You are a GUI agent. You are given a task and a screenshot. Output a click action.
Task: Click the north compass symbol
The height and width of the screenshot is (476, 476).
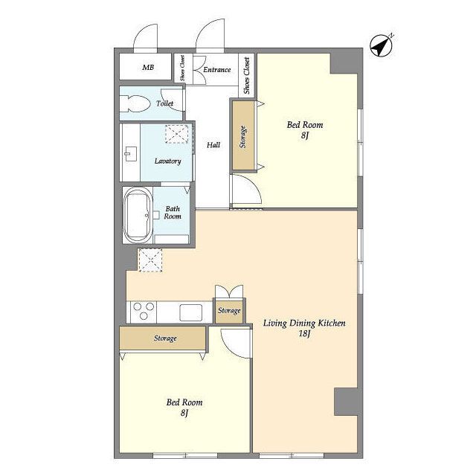(x=381, y=45)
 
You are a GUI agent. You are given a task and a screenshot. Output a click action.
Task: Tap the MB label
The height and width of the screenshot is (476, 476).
(x=148, y=67)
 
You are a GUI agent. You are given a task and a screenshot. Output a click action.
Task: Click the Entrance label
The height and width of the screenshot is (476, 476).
(x=216, y=69)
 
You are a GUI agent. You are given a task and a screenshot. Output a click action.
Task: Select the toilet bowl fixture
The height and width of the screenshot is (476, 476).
(x=135, y=104)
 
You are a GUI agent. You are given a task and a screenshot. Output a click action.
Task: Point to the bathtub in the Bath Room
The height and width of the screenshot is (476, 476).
(x=138, y=215)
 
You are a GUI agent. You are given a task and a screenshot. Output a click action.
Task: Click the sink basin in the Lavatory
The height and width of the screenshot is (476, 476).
(x=131, y=154)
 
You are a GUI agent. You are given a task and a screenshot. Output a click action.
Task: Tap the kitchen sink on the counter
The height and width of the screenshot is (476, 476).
(x=191, y=312)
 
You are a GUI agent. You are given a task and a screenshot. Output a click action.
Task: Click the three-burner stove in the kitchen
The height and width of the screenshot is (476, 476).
(x=144, y=312)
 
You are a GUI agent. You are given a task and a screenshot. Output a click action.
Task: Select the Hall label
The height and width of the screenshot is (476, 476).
(x=213, y=145)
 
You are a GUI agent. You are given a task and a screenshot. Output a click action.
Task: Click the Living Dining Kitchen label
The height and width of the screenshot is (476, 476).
(x=304, y=324)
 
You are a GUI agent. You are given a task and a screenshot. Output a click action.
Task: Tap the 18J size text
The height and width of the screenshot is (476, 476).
(x=304, y=334)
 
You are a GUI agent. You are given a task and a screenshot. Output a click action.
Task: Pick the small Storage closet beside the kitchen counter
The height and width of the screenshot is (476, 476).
(x=229, y=311)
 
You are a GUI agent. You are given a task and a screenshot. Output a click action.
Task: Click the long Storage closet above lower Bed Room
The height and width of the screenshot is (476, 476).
(x=163, y=338)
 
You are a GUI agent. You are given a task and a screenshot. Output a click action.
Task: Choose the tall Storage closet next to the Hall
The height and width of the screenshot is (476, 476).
(x=243, y=135)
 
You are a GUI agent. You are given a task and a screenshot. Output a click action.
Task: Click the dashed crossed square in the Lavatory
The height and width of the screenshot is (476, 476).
(x=177, y=134)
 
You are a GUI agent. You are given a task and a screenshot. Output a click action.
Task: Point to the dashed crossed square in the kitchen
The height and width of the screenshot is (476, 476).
(x=150, y=260)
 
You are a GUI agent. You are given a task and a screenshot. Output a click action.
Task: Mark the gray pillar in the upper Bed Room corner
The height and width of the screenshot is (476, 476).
(x=346, y=62)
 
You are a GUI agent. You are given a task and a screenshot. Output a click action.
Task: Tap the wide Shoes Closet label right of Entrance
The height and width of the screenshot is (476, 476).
(x=247, y=76)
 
